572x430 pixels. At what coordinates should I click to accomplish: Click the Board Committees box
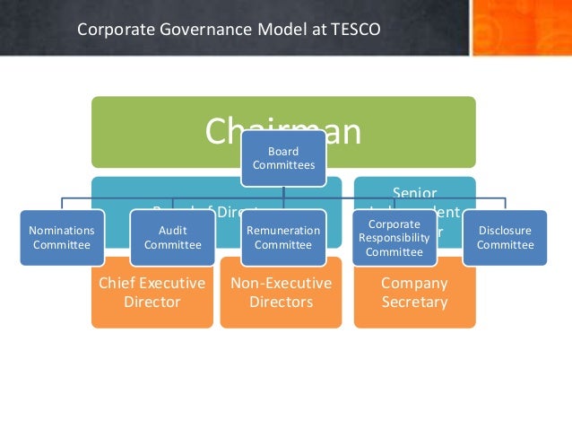tap(283, 158)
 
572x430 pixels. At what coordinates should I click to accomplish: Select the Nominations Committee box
tap(62, 237)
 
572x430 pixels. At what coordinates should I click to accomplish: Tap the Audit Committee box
tap(173, 237)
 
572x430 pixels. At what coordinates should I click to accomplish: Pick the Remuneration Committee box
tap(283, 237)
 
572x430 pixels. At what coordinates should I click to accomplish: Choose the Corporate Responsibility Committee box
tap(394, 237)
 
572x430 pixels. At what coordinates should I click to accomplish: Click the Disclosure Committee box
tap(505, 237)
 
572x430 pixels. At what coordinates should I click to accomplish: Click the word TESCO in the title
tap(356, 29)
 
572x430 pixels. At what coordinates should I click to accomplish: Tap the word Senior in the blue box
tap(414, 192)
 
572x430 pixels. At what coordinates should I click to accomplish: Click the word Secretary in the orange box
tap(414, 302)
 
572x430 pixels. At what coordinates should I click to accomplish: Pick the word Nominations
tap(62, 230)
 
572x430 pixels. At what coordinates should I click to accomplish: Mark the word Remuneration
tap(283, 230)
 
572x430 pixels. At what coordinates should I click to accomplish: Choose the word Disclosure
tap(505, 230)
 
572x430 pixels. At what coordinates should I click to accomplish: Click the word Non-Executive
tap(281, 284)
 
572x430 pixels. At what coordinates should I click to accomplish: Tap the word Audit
tap(173, 230)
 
